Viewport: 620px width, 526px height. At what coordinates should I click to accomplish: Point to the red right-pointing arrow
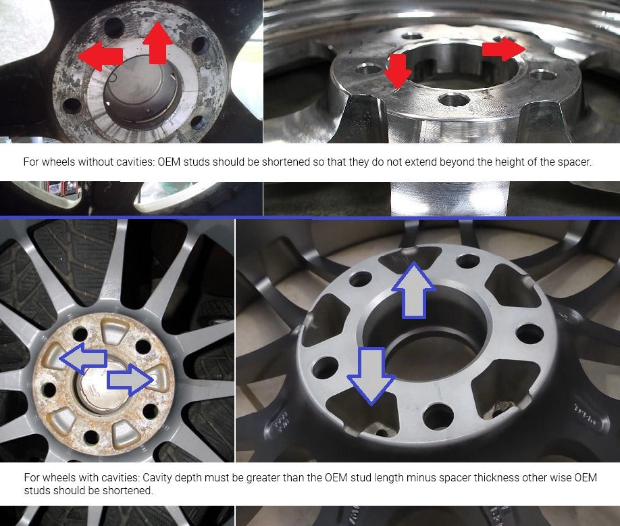click(503, 49)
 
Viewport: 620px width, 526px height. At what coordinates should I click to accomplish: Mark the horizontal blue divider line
click(310, 218)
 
